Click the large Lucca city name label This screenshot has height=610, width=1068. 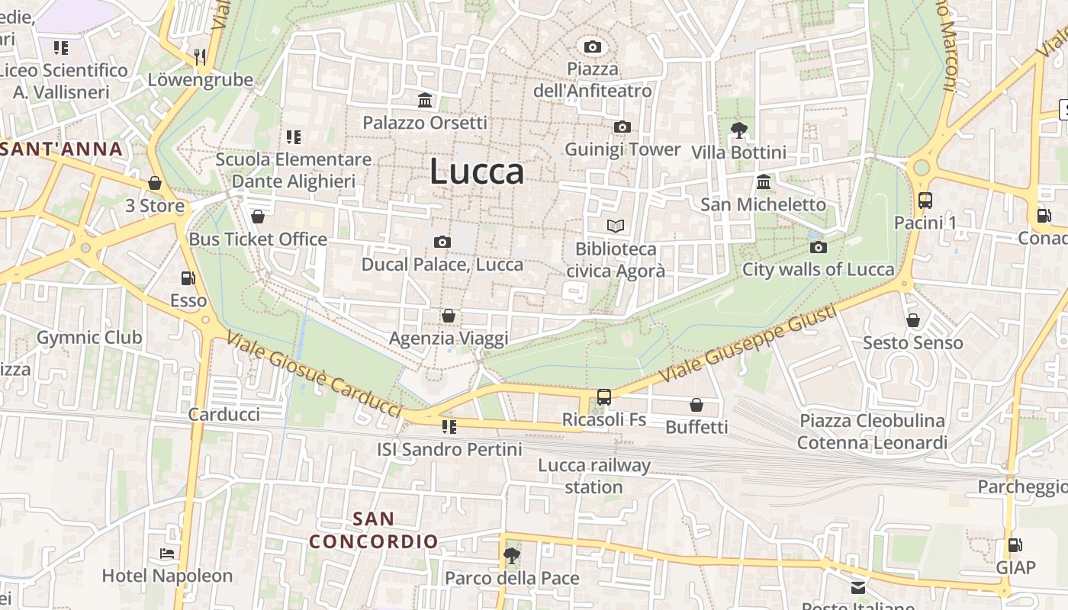477,172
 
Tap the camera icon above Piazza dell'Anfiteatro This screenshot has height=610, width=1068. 592,47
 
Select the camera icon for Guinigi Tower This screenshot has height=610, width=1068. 622,127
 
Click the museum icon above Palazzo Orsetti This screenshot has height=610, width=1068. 425,100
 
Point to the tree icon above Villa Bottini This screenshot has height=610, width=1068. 738,130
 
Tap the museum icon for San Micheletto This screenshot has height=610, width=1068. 763,181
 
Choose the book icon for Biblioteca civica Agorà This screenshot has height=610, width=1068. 615,226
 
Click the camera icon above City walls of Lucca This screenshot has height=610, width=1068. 819,247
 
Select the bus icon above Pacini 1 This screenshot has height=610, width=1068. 925,201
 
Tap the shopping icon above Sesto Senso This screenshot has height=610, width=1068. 912,320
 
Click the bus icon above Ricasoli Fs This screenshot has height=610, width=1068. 603,396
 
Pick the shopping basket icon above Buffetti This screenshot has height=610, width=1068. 696,404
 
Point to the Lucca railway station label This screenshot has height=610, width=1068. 594,476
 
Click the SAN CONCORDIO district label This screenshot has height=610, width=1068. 374,530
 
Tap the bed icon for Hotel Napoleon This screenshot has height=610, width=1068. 167,553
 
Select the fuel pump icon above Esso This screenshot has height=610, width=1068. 188,278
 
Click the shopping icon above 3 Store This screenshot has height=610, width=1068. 155,183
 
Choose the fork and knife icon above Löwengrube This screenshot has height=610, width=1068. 200,56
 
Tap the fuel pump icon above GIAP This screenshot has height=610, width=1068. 1015,544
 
